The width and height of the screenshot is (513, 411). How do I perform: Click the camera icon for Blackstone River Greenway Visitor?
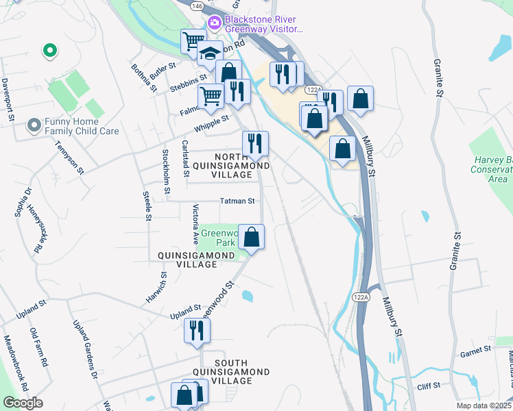[215, 23]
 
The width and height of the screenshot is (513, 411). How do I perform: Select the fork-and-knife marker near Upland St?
[197, 331]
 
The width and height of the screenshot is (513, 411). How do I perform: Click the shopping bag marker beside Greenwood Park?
[252, 238]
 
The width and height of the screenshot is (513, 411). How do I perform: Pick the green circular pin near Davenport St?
[49, 50]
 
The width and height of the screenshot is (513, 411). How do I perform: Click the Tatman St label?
[237, 201]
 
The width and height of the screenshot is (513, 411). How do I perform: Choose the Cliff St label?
[428, 386]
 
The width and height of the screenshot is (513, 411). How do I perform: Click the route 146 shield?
[198, 5]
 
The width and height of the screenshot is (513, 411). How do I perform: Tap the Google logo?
[23, 403]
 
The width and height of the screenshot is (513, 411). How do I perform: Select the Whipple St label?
[212, 121]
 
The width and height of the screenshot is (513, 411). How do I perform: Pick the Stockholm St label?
[165, 161]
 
